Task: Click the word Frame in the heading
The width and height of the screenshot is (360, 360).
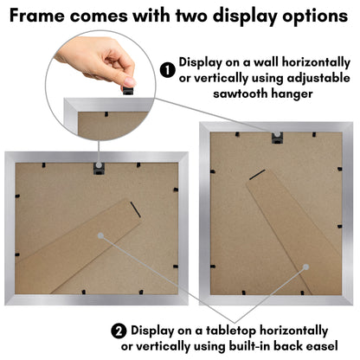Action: [x=37, y=16]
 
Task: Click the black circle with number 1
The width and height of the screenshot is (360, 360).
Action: [x=168, y=70]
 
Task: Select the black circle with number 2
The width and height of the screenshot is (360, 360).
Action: [x=119, y=331]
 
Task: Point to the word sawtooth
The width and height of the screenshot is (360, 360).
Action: [x=240, y=93]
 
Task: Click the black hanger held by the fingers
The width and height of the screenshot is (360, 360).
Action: [x=128, y=91]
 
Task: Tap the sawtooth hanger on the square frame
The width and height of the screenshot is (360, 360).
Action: [x=99, y=169]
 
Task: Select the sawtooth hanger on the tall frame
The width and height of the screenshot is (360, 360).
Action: [x=277, y=138]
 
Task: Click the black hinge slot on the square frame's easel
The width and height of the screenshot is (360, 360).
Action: [x=135, y=209]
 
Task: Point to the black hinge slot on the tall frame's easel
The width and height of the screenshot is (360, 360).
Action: [x=257, y=175]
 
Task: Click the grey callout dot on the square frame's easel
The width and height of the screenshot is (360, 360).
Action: [x=100, y=235]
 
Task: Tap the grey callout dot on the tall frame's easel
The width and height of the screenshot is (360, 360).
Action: [x=306, y=267]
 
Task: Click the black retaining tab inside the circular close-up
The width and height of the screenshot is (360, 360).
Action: [x=106, y=114]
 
